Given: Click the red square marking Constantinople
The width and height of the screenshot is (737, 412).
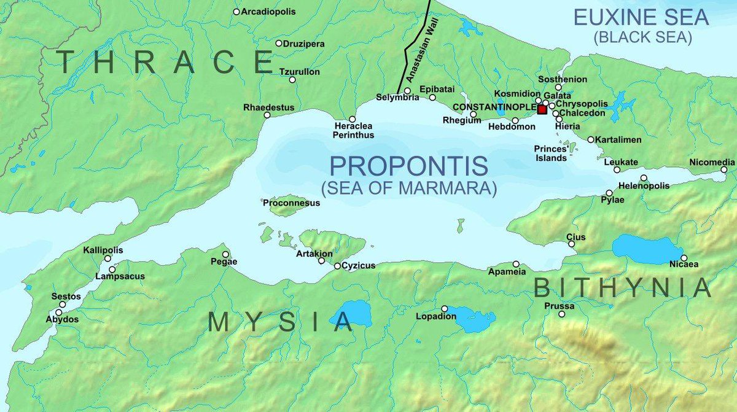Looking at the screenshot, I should click(542, 109).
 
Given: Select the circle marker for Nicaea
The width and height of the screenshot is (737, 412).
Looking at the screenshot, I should click(684, 258).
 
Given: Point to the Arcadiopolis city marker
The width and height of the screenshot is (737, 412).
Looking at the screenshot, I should click(236, 12).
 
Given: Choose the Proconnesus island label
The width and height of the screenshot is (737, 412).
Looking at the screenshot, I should click(291, 203).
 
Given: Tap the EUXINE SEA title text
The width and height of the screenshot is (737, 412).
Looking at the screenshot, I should click(641, 17).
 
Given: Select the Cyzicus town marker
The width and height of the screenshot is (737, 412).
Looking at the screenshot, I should click(337, 266).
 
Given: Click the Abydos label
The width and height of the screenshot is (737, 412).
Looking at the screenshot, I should click(62, 319).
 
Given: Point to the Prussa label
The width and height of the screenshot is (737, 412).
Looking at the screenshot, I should click(559, 306).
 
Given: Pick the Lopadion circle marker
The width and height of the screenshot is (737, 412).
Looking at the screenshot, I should click(445, 308).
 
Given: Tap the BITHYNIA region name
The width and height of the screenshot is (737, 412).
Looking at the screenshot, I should click(622, 287).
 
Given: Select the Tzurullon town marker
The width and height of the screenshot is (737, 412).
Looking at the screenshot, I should click(292, 80).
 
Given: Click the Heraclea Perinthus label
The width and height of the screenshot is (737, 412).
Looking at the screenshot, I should click(353, 130).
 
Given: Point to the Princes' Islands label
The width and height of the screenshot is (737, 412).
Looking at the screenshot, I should click(550, 154).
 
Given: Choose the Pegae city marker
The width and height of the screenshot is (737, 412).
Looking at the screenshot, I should click(225, 254).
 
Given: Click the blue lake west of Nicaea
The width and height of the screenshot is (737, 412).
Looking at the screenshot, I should click(646, 249).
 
